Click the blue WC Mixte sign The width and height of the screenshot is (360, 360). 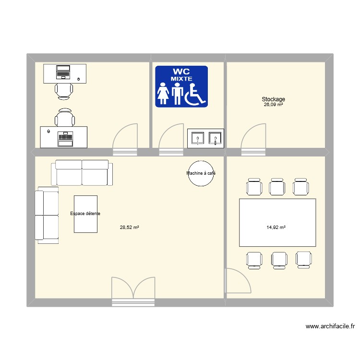[x=181, y=86]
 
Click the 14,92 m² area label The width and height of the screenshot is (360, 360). [x=276, y=228]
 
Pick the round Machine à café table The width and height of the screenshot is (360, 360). [x=201, y=173]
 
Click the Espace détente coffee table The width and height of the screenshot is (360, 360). [x=85, y=214]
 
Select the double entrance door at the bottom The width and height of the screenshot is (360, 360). [x=134, y=290]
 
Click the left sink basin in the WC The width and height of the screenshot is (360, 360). [x=197, y=138]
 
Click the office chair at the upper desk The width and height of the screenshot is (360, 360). [x=65, y=90]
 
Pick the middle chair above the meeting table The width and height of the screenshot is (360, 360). [x=277, y=187]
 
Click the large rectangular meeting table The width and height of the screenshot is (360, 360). [x=277, y=223]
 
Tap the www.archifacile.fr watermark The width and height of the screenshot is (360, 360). [x=330, y=326]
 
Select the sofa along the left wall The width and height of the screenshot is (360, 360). [x=47, y=215]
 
